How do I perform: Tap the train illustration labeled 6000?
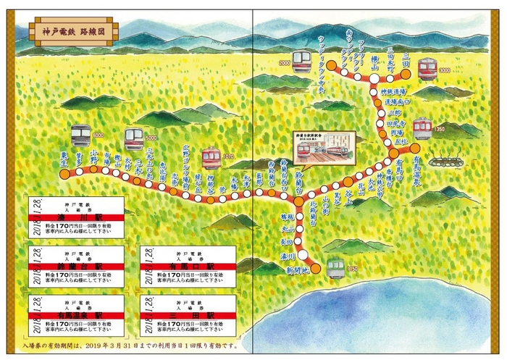click(x=81, y=137)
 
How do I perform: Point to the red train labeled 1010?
click(x=211, y=157)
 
